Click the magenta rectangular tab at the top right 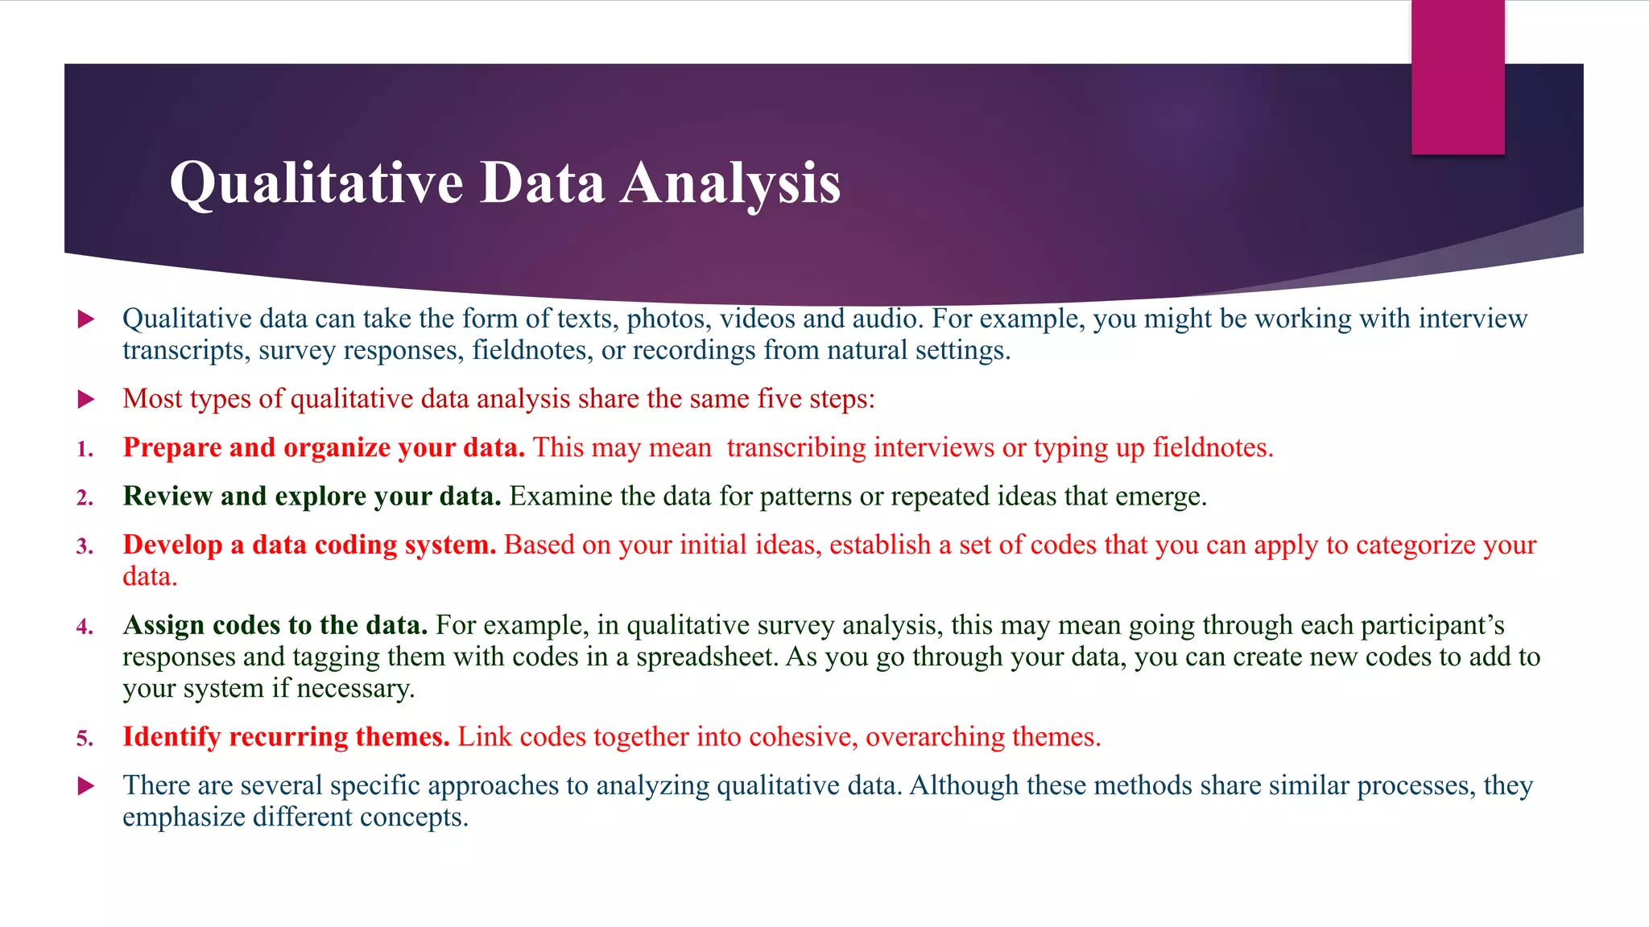[x=1457, y=77]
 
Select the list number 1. [x=85, y=450]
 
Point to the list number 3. [x=85, y=547]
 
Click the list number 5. [x=85, y=739]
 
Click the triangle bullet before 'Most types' [x=86, y=399]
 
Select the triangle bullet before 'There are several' [x=86, y=786]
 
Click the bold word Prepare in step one [x=172, y=447]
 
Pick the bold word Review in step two [x=167, y=496]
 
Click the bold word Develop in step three [x=172, y=545]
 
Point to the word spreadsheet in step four [x=705, y=657]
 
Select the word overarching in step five [x=935, y=737]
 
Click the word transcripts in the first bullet [x=185, y=351]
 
